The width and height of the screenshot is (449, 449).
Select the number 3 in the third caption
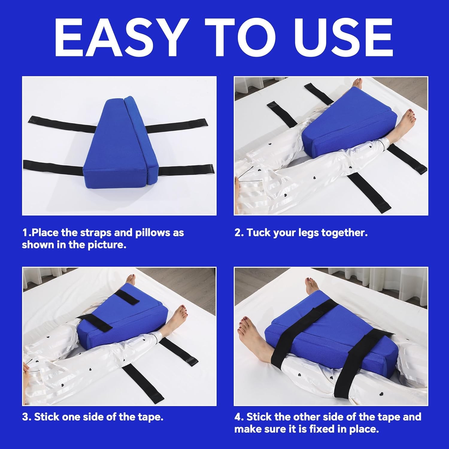click(x=25, y=417)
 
